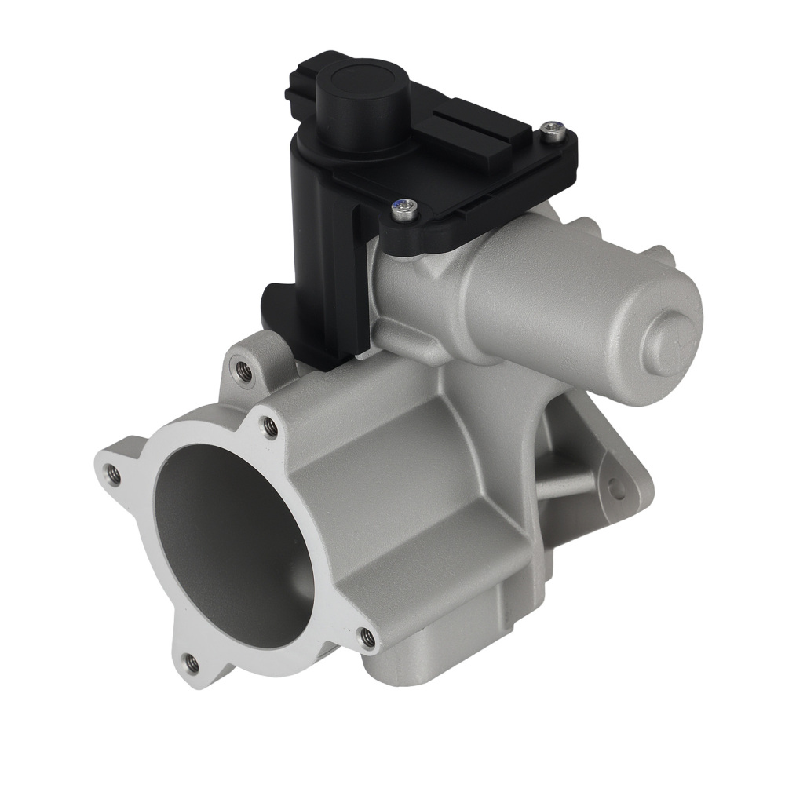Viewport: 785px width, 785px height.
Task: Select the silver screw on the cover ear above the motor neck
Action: coord(405,208)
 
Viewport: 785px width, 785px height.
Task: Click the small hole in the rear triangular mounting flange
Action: coord(618,490)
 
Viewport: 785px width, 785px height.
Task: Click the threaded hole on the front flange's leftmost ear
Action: coord(113,473)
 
